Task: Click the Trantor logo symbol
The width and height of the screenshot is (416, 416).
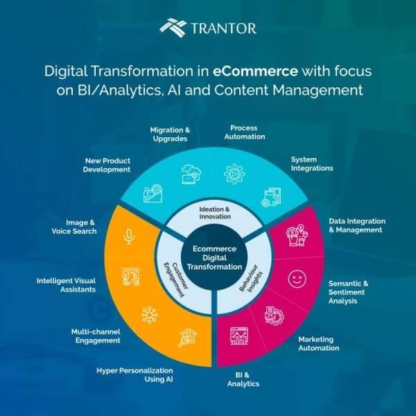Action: tap(173, 28)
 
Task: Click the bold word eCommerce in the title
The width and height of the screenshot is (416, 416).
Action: tap(255, 71)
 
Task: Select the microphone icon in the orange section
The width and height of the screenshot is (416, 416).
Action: tap(129, 236)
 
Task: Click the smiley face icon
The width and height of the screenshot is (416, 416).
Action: tap(297, 279)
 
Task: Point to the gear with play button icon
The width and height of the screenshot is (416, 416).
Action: tap(234, 174)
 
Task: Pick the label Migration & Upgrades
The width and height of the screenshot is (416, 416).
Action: tap(170, 135)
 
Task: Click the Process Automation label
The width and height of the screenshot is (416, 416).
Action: tap(245, 132)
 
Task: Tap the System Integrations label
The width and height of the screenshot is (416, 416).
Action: tap(312, 164)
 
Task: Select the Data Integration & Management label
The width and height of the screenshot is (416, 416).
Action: tap(357, 225)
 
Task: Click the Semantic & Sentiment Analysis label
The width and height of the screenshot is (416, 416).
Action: tap(348, 292)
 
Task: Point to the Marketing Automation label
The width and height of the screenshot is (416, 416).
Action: tap(319, 344)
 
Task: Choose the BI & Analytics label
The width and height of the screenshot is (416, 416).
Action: tap(243, 379)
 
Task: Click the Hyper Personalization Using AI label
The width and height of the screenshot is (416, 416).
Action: tap(135, 375)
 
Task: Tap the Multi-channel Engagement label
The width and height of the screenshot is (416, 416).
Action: tap(96, 336)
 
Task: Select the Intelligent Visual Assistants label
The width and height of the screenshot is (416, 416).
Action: tap(66, 285)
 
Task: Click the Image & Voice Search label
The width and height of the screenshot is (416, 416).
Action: tap(74, 227)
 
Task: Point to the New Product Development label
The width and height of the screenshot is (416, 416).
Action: tap(107, 165)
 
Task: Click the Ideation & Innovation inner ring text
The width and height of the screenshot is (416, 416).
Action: tap(214, 213)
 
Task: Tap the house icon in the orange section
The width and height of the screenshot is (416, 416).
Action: tap(188, 338)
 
